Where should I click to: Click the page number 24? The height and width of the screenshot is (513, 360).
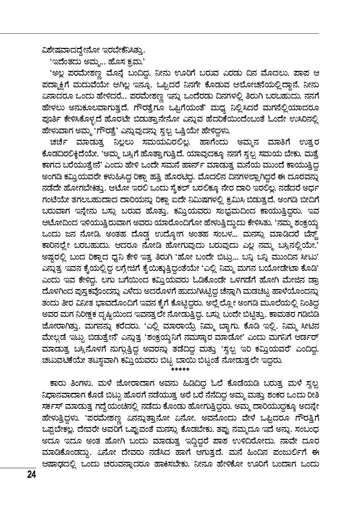[31, 475]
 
